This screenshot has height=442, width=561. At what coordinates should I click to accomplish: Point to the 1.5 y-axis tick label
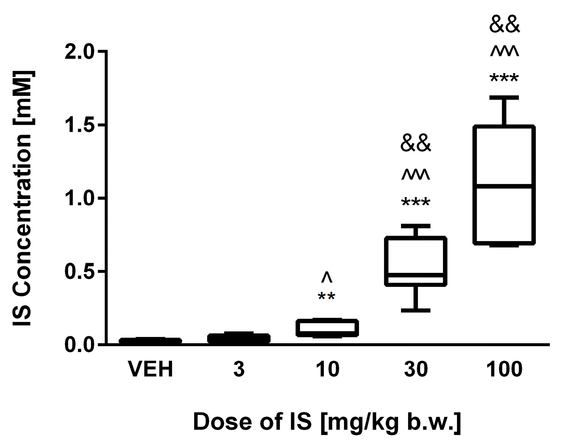79,125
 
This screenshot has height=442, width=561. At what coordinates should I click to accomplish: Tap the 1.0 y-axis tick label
79,198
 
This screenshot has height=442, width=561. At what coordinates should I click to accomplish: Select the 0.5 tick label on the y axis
79,272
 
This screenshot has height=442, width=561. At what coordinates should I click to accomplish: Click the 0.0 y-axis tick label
79,345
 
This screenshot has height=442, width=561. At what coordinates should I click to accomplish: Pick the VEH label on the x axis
151,370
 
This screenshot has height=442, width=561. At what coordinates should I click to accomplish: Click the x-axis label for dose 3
239,370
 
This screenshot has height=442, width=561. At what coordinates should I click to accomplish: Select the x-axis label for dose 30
416,370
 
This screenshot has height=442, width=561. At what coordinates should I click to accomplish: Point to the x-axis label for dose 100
505,370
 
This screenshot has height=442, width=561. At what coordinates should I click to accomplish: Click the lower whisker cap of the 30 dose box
416,310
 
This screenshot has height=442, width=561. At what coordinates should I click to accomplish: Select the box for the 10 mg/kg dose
327,328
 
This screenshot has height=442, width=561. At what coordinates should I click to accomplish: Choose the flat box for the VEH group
150,341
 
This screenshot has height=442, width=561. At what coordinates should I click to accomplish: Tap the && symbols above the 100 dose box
505,26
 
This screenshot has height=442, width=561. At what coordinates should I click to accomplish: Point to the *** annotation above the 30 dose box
416,202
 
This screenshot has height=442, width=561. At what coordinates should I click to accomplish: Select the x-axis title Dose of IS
327,422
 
